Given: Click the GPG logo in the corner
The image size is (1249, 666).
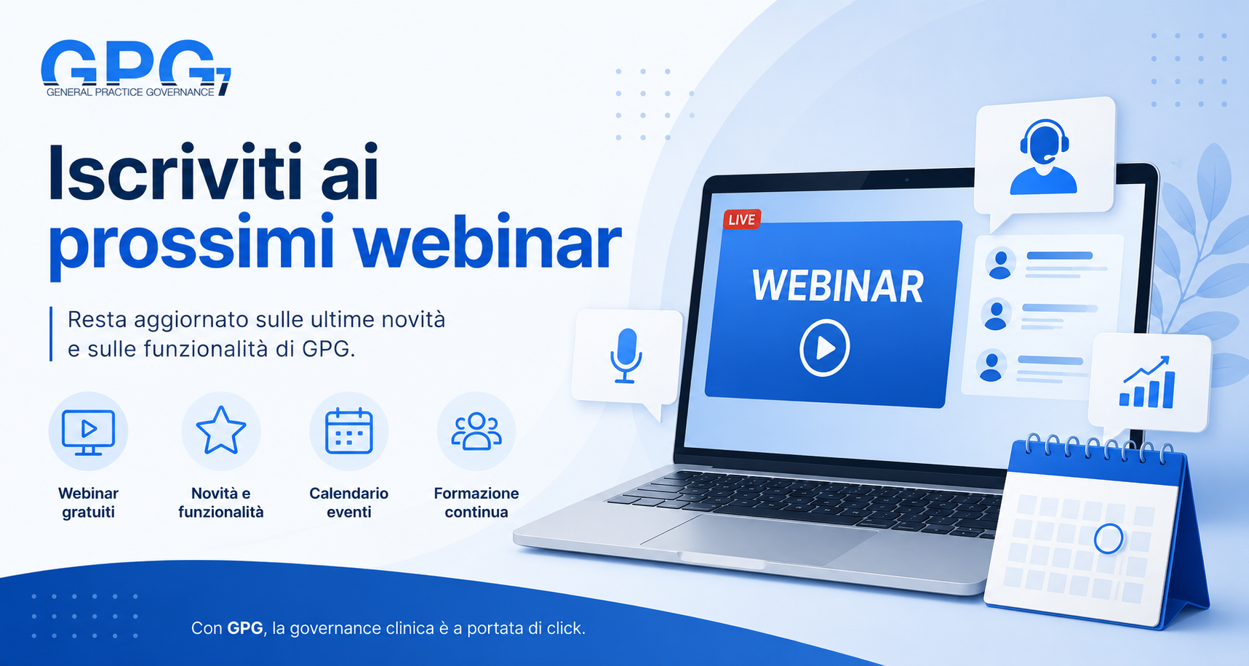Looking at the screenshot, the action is (x=136, y=68).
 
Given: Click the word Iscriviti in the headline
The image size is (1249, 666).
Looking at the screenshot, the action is (x=175, y=173).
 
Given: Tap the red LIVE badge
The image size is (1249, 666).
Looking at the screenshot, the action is (x=742, y=220).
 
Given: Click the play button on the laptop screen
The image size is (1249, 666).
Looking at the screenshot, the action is (x=824, y=348).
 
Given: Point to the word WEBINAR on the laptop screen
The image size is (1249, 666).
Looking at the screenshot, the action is (x=838, y=286).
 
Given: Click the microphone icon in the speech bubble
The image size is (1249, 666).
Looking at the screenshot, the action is (x=626, y=356).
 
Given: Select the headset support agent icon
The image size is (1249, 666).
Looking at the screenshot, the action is (x=1044, y=157).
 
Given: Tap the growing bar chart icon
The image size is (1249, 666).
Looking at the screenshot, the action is (x=1147, y=382).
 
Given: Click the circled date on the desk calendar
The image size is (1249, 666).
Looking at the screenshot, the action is (x=1109, y=539).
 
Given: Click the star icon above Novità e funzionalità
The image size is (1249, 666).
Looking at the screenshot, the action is (x=221, y=430).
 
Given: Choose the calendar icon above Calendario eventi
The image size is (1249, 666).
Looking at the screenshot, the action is (x=349, y=431).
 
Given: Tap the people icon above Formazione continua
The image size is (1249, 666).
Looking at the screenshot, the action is (x=476, y=431).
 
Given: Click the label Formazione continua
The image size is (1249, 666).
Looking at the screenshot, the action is (x=476, y=502).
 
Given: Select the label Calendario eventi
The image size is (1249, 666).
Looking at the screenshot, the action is (x=349, y=502).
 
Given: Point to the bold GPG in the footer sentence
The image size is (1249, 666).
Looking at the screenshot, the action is (x=245, y=628).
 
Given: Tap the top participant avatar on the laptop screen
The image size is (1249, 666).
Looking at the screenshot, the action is (x=1001, y=264).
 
